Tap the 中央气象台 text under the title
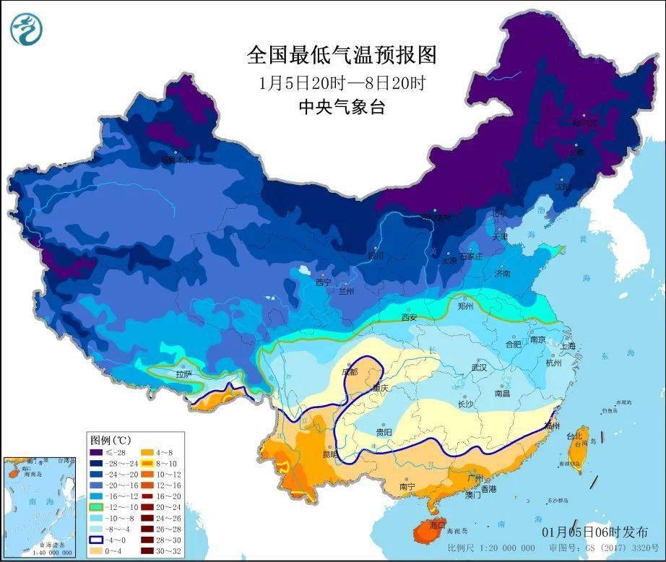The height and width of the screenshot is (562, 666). tap(342, 108)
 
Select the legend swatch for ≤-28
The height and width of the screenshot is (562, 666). tap(96, 453)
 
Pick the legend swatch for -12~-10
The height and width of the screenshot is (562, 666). tap(96, 508)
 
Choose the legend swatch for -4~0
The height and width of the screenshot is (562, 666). tap(96, 540)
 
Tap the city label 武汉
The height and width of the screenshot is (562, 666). tap(479, 368)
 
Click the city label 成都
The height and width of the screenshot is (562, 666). tap(350, 372)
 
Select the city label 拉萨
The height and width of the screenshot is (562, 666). tap(183, 374)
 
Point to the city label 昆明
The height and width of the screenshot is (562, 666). tap(330, 456)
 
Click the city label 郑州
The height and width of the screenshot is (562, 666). tap(466, 306)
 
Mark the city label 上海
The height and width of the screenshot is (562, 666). tap(568, 346)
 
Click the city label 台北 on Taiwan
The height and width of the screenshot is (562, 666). tap(574, 437)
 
